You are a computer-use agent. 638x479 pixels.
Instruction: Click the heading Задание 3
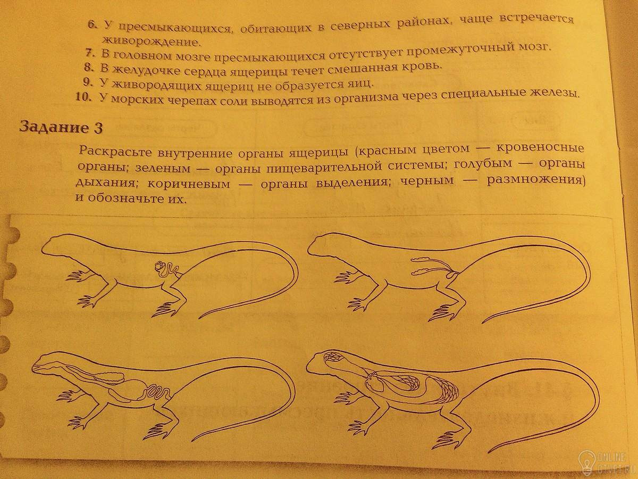tap(61, 127)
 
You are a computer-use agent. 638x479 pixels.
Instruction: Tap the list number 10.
tap(83, 97)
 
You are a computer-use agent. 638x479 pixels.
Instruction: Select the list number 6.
tap(92, 25)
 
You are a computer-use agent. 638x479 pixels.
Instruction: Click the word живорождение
tap(151, 42)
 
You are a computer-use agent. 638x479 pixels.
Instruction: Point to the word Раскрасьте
tap(115, 152)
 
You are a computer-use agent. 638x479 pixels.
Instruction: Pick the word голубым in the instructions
tap(482, 163)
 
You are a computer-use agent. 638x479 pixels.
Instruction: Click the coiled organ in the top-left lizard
tap(166, 270)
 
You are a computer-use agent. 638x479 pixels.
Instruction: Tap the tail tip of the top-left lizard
tap(199, 318)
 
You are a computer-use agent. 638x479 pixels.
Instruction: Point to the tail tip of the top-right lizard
tap(483, 322)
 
